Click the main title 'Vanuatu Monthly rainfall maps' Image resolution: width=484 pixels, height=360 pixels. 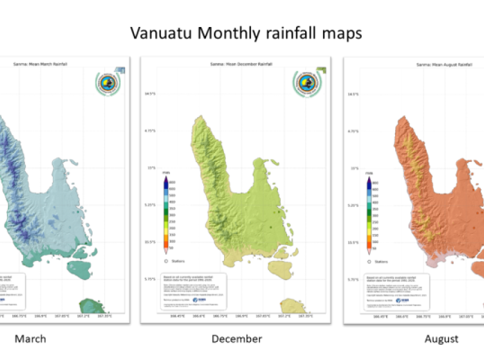(246, 33)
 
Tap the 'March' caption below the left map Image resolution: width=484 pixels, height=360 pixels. (30, 339)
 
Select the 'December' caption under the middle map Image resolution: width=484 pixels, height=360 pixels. (236, 339)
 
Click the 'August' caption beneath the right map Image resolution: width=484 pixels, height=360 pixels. (441, 339)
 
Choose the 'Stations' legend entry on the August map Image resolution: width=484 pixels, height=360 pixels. (378, 261)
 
